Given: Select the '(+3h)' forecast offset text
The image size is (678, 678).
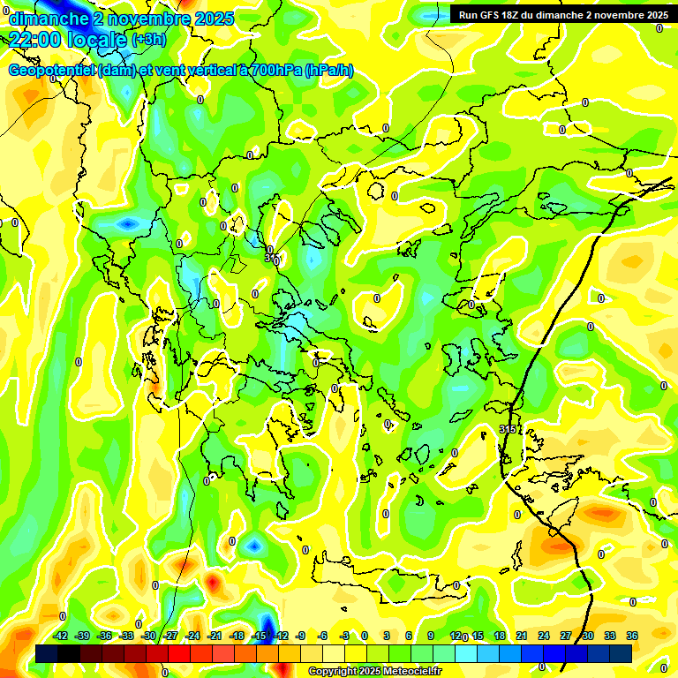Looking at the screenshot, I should point(147,40).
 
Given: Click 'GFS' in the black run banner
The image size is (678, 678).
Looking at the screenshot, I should point(495,15).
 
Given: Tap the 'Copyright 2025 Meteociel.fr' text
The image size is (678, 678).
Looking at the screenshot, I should point(374,672).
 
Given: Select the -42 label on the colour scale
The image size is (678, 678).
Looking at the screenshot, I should point(61,636).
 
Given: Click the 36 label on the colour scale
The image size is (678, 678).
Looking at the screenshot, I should point(632,636).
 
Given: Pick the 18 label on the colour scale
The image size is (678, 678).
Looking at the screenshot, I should point(500,636).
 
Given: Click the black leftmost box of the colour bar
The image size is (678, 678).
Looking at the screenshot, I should point(47,653).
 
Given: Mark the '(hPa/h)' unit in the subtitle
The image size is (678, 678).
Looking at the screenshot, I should point(328,71).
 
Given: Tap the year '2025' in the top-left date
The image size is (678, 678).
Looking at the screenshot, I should point(215,19).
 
